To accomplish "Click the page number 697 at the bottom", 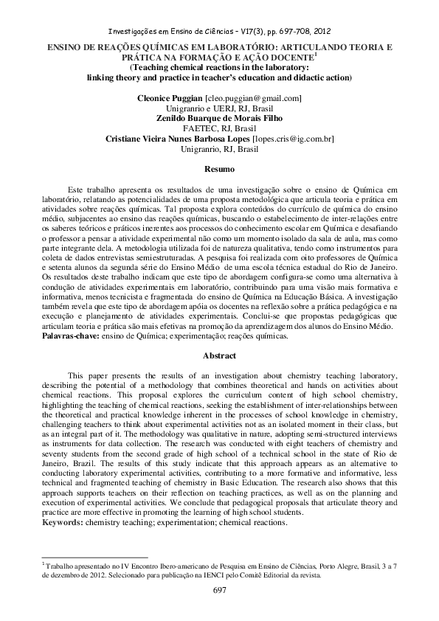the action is point(219,589).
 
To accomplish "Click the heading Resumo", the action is point(219,170).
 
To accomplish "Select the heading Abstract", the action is point(219,356).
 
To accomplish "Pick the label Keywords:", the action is point(65,521).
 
